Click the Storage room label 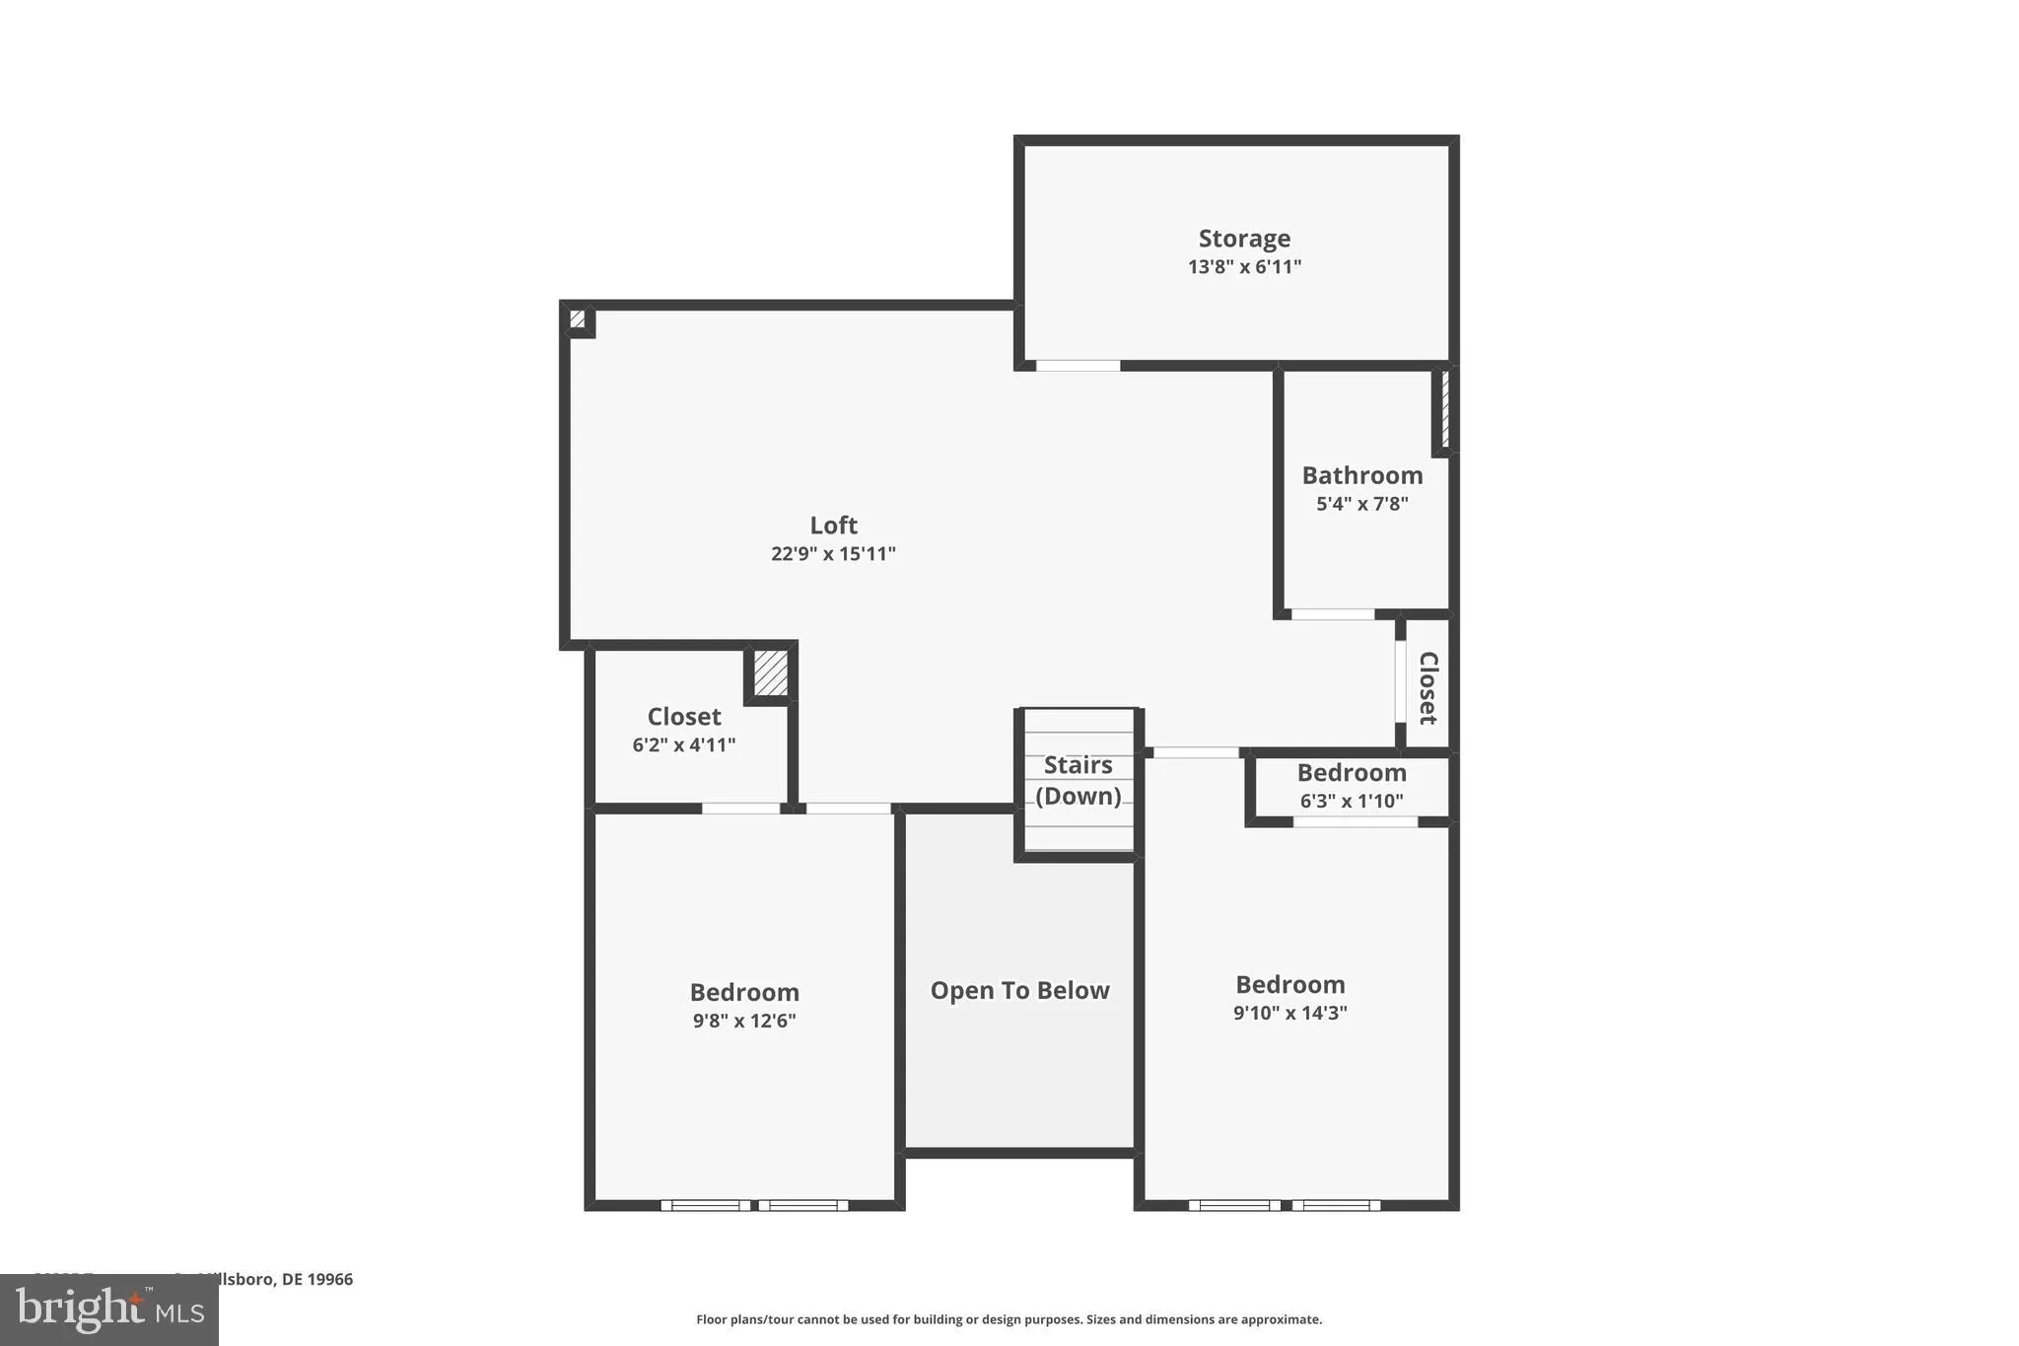pyautogui.click(x=1244, y=239)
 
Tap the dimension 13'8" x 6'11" pyautogui.click(x=1244, y=266)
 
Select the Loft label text pyautogui.click(x=833, y=526)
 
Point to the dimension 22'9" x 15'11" pyautogui.click(x=833, y=553)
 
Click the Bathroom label pyautogui.click(x=1361, y=475)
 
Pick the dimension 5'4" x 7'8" pyautogui.click(x=1361, y=504)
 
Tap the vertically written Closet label pyautogui.click(x=1427, y=687)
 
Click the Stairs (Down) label pyautogui.click(x=1078, y=780)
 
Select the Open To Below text pyautogui.click(x=1019, y=990)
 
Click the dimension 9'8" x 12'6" pyautogui.click(x=744, y=1021)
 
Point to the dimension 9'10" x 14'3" pyautogui.click(x=1289, y=1013)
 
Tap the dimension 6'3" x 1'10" pyautogui.click(x=1351, y=801)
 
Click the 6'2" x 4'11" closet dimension pyautogui.click(x=683, y=744)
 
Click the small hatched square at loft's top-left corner pyautogui.click(x=578, y=319)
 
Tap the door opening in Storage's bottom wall pyautogui.click(x=1078, y=366)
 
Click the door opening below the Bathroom pyautogui.click(x=1333, y=614)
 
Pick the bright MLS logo pyautogui.click(x=109, y=1310)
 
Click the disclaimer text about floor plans pyautogui.click(x=1009, y=1319)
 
